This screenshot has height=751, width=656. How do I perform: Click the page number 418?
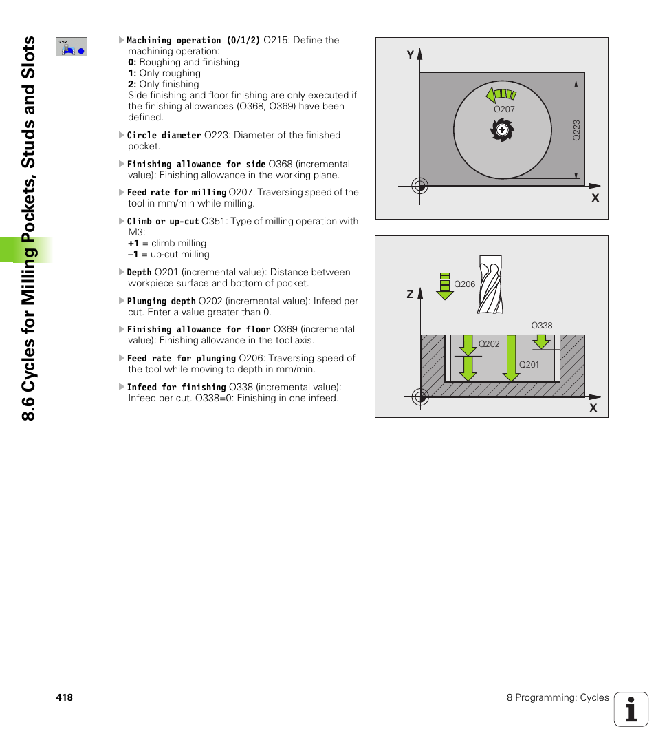65,697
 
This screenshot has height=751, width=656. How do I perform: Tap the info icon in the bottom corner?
631,709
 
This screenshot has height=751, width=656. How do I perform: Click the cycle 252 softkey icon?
72,47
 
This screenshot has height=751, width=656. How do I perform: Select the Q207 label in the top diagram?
504,109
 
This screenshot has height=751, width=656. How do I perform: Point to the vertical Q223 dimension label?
577,131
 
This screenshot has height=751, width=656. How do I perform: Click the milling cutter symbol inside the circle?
502,129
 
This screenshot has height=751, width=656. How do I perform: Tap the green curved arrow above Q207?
500,94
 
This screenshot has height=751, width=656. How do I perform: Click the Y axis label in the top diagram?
410,54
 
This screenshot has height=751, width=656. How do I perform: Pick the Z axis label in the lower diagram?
410,294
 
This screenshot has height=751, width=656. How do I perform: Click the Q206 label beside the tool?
465,284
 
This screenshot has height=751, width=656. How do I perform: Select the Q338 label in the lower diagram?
542,326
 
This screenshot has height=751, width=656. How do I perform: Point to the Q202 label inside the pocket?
489,344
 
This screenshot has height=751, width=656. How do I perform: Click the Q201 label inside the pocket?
529,364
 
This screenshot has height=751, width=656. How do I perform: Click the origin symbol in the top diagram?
419,185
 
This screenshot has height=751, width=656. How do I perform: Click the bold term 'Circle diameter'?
164,136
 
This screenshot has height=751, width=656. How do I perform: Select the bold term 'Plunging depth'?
161,302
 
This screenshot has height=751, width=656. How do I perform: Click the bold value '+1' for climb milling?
133,244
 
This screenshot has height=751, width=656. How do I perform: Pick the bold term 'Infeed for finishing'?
176,388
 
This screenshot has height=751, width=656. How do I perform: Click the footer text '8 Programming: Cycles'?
558,697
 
